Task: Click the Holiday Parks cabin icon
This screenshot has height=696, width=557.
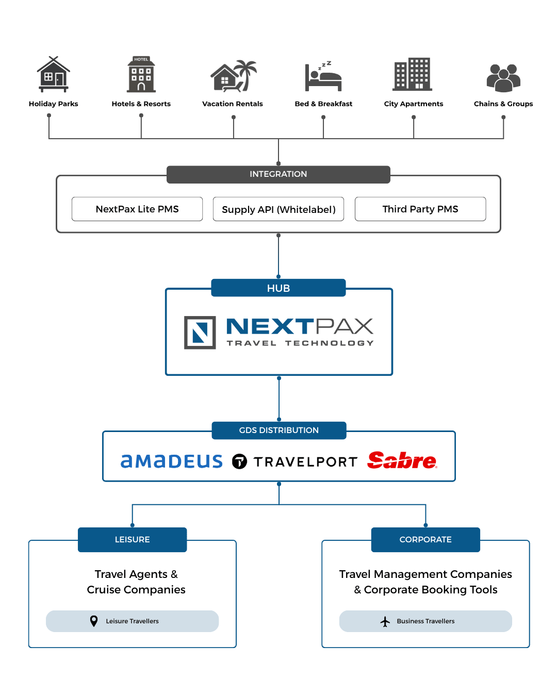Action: (54, 74)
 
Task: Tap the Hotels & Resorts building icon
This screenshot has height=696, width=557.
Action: (141, 74)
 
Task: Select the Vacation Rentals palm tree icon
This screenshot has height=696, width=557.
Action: (233, 76)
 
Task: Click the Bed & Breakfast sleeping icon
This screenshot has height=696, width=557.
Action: (323, 76)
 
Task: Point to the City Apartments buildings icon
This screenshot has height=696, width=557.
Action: (412, 74)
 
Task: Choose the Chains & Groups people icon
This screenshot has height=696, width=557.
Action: (503, 78)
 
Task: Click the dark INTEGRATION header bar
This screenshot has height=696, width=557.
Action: (278, 174)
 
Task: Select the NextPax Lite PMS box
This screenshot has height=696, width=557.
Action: (137, 209)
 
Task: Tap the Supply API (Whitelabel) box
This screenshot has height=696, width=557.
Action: (278, 209)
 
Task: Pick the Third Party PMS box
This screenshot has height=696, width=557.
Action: (420, 209)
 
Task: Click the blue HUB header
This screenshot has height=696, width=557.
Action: (278, 288)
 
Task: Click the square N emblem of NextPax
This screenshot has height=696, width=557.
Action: (200, 333)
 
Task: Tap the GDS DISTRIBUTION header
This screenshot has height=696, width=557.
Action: (279, 430)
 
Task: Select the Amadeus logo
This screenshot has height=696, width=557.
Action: (172, 461)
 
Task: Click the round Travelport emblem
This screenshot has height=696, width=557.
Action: (239, 461)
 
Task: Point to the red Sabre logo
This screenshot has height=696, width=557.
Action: (402, 460)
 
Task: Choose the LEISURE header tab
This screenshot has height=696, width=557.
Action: (133, 539)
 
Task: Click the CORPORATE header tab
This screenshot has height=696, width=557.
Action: (425, 539)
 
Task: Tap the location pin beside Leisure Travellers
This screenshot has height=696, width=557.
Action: (94, 621)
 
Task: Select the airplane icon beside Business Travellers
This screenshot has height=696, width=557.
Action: (385, 621)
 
